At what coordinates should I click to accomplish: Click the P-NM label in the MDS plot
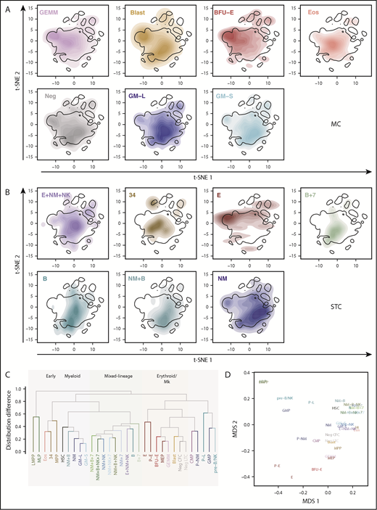click(305, 439)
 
